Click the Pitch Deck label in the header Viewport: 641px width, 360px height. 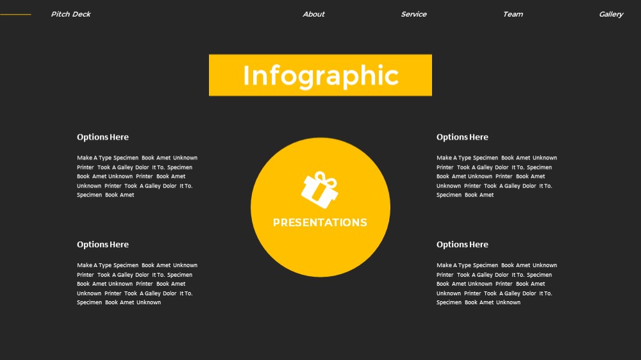(71, 14)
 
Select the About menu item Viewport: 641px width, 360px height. (313, 14)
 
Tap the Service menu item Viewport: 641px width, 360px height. (413, 14)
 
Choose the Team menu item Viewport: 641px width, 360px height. (513, 14)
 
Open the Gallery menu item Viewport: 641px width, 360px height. (611, 14)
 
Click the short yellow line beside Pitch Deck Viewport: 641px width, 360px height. (15, 14)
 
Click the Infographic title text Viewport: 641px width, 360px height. (320, 76)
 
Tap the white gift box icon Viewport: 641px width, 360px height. (320, 190)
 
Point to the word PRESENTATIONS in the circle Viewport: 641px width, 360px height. (320, 223)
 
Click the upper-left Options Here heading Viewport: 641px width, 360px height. (103, 137)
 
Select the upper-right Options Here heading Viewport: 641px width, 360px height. (462, 137)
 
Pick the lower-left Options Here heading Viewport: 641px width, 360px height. (103, 245)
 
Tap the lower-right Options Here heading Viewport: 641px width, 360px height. (462, 245)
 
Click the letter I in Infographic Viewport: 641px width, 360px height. (247, 75)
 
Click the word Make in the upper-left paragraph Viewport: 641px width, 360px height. (85, 158)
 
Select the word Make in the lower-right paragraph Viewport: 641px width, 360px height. (444, 265)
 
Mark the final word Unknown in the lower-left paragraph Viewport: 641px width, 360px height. (149, 302)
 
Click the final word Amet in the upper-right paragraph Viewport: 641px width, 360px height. (487, 195)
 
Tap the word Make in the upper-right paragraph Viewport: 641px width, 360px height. (444, 158)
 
